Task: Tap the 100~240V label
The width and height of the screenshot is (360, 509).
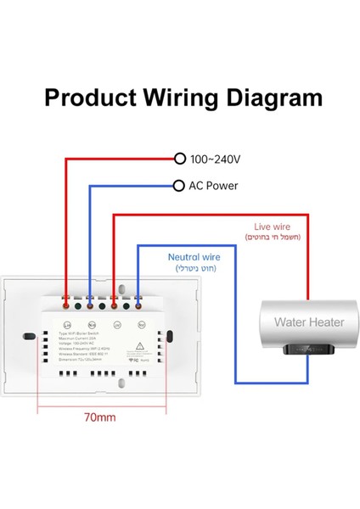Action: coord(217,159)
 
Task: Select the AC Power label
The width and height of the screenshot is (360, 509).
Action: coord(213,186)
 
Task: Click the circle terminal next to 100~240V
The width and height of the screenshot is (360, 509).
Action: coord(179,159)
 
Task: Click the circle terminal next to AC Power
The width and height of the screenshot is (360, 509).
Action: coord(178,186)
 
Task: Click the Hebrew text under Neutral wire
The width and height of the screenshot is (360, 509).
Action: coord(196,268)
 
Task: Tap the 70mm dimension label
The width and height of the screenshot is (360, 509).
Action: coord(102,417)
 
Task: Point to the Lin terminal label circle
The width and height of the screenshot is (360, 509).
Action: coord(66,323)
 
